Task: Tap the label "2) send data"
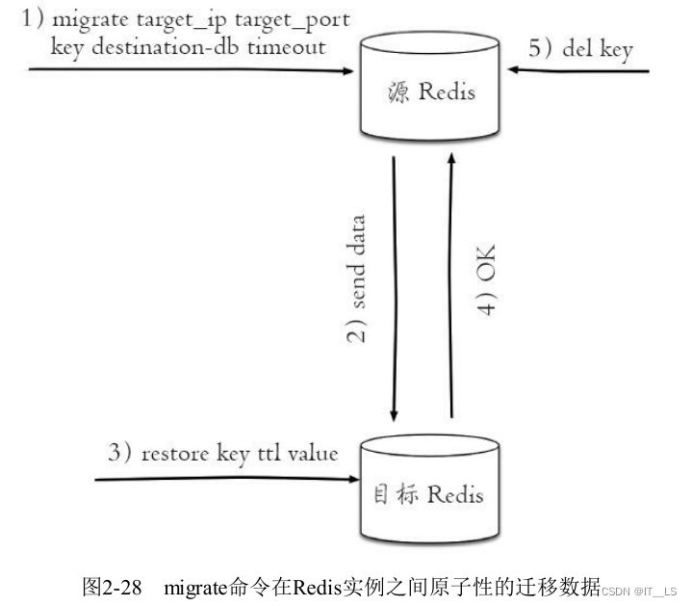[355, 279]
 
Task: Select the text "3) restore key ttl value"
[223, 453]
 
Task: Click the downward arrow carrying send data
[394, 289]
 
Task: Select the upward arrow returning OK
[450, 289]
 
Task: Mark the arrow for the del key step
[582, 70]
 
